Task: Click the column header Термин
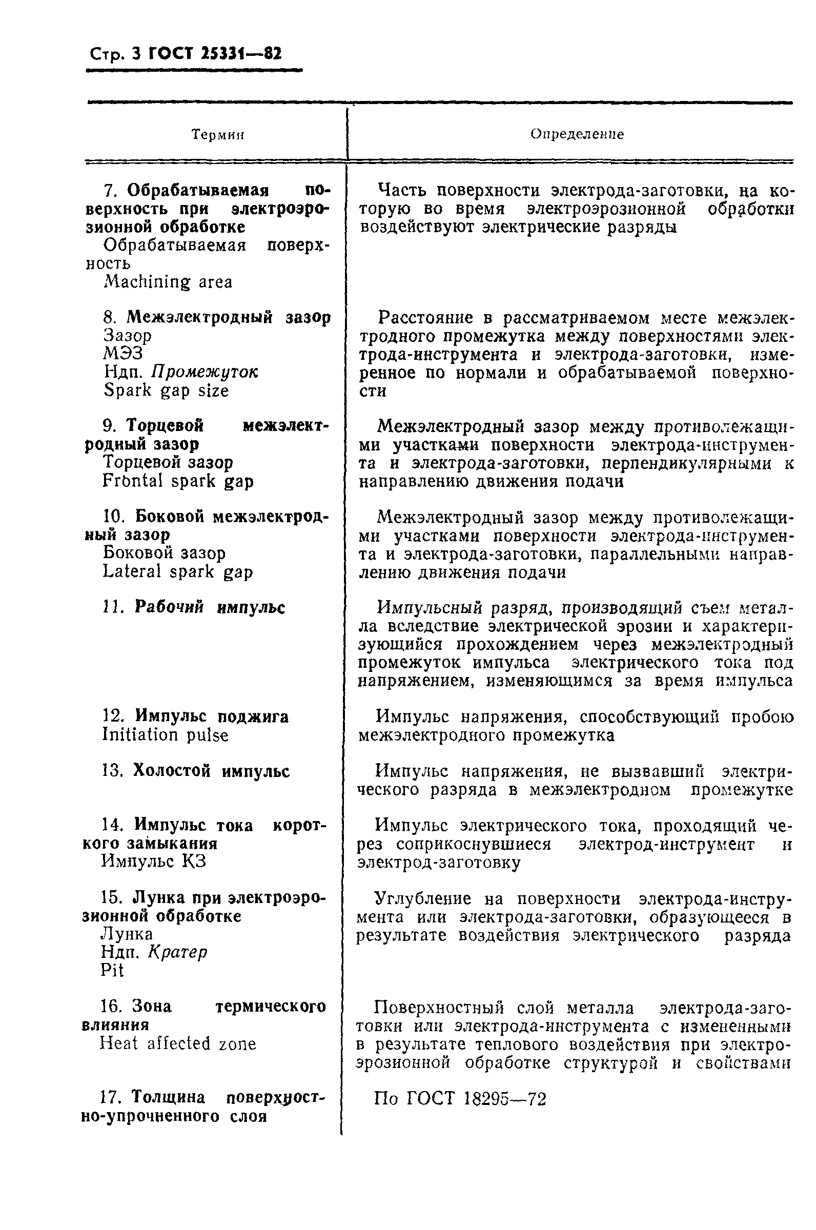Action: (x=218, y=135)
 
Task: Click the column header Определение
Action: (x=577, y=134)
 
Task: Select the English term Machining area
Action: (x=168, y=282)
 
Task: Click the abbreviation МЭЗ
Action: (x=124, y=354)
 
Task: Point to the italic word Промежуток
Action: (x=205, y=372)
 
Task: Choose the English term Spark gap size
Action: (x=166, y=390)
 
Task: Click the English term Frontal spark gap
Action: (x=178, y=481)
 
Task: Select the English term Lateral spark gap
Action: (x=178, y=571)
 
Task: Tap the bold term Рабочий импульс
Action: (x=210, y=607)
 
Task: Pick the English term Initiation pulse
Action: (x=166, y=735)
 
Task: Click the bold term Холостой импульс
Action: (x=211, y=771)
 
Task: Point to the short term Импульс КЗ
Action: (x=154, y=862)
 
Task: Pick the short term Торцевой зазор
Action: (x=168, y=462)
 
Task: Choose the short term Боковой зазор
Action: (x=165, y=552)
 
